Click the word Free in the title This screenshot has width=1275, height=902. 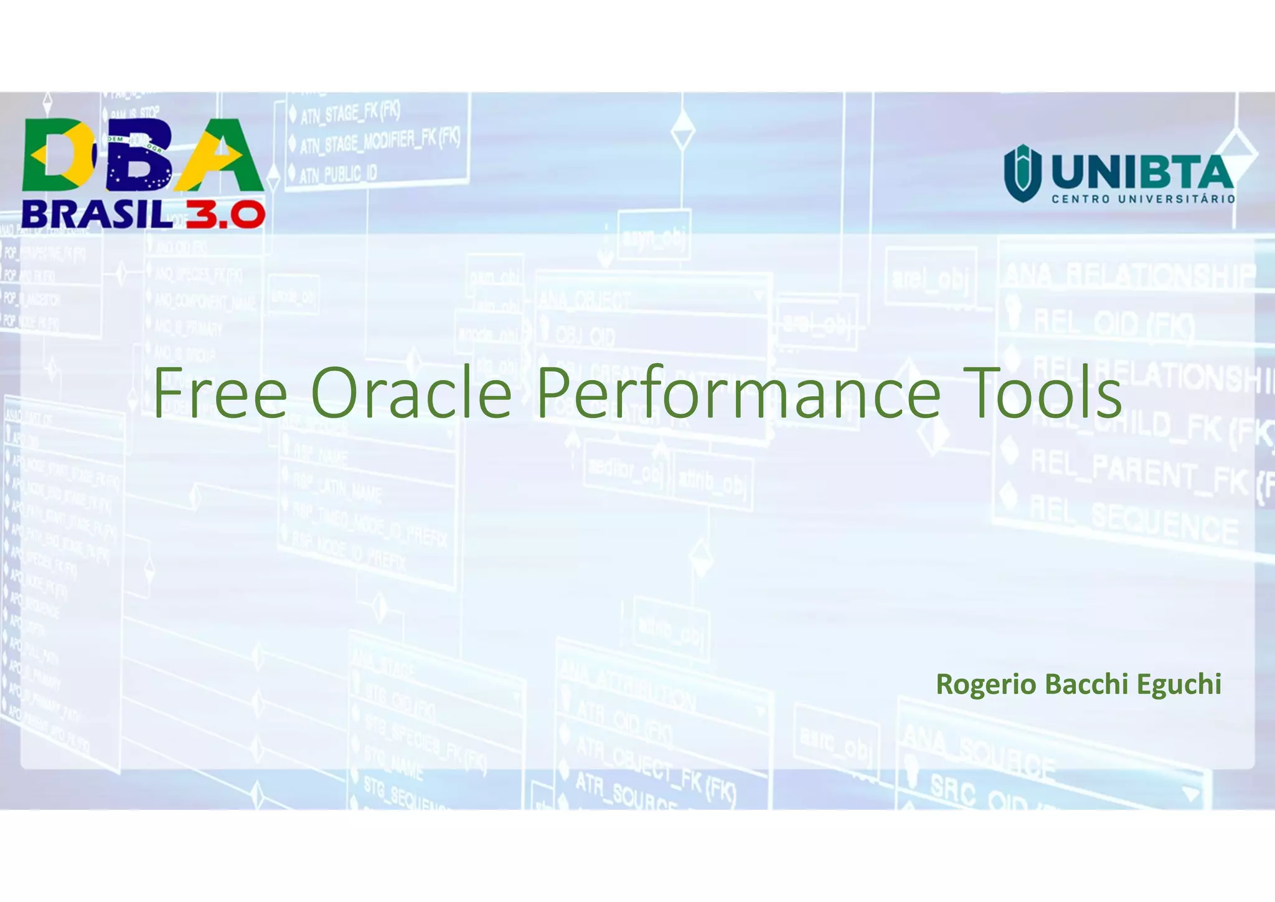click(x=220, y=394)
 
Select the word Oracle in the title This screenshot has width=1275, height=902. click(x=411, y=394)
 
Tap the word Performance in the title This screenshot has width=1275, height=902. click(x=738, y=394)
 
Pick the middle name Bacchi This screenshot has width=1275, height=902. click(x=1086, y=685)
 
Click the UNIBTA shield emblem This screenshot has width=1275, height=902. click(x=1022, y=173)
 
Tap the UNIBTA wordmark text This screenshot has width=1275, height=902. click(x=1142, y=172)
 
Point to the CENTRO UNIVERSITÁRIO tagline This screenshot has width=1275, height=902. click(x=1143, y=199)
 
